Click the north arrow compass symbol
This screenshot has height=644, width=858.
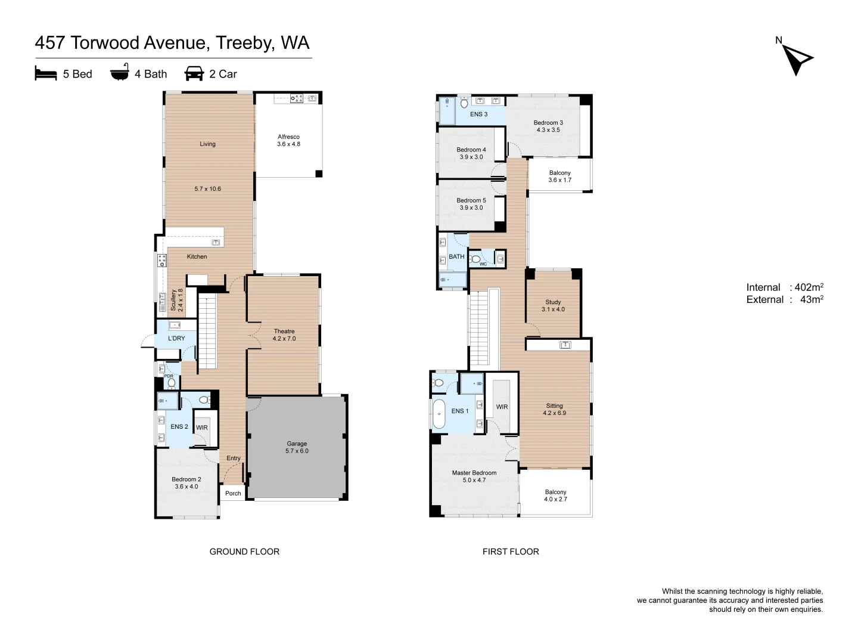796,58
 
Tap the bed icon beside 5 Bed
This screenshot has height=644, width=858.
46,73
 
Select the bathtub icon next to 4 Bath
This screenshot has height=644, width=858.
120,72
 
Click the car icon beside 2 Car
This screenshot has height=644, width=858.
194,73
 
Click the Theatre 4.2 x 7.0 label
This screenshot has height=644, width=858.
284,335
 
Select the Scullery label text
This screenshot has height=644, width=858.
173,300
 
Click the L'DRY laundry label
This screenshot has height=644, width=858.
176,338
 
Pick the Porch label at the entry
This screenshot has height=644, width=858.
233,494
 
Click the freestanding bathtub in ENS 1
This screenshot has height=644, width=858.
439,414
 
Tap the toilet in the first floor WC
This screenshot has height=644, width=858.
475,259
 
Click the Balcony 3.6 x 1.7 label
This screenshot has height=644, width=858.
559,177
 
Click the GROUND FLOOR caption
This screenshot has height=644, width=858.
244,552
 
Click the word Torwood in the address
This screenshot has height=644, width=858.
105,43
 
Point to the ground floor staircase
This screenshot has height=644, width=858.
207,332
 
